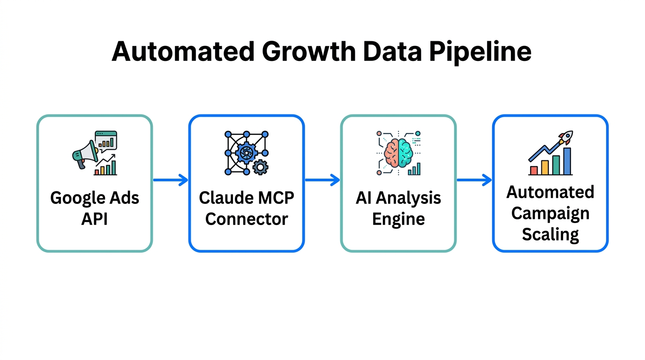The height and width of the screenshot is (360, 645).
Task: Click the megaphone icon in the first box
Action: point(84,155)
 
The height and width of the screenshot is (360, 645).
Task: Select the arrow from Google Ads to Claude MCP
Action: point(171,180)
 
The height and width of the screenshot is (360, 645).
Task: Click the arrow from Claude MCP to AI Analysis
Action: point(322,180)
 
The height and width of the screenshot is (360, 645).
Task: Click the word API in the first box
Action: point(95,218)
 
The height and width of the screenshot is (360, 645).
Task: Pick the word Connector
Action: point(247,218)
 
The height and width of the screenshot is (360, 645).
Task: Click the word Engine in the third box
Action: point(398,218)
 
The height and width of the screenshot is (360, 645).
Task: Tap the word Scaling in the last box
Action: point(550,233)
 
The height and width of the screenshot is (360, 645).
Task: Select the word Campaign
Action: point(550,213)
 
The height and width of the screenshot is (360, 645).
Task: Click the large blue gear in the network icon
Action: point(246,152)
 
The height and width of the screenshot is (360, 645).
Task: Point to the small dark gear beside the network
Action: point(260,167)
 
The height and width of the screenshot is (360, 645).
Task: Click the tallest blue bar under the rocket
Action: point(567,161)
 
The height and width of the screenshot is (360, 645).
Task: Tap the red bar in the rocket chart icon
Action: point(533,170)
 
